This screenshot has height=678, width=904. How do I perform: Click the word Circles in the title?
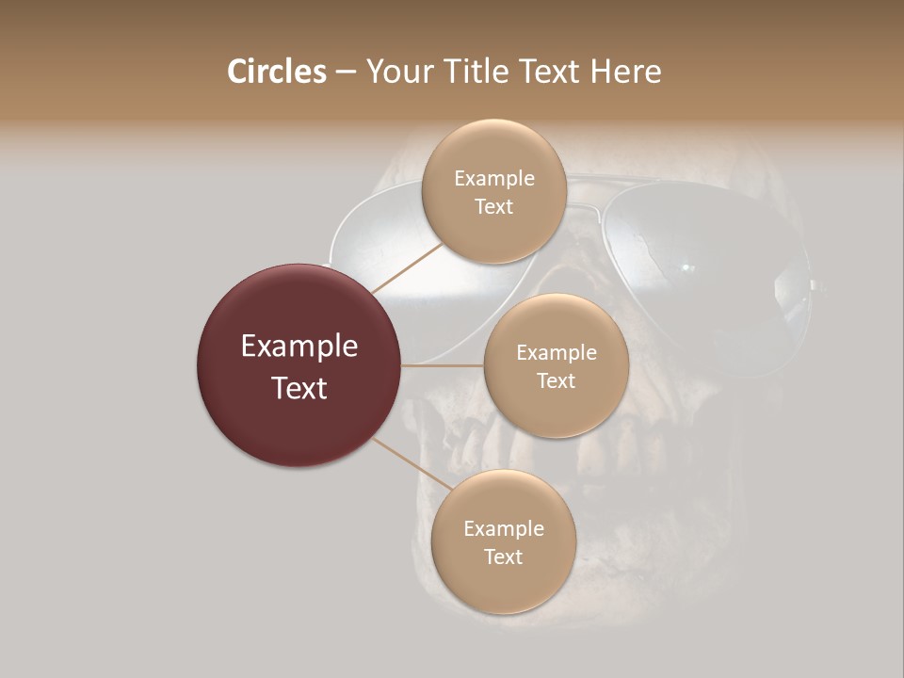pyautogui.click(x=276, y=72)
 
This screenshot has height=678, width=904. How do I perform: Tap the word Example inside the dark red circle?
pyautogui.click(x=299, y=347)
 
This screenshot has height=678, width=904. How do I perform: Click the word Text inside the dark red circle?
pyautogui.click(x=299, y=388)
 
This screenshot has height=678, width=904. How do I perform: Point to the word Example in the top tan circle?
pyautogui.click(x=493, y=179)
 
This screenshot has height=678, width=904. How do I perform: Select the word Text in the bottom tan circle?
pyautogui.click(x=503, y=557)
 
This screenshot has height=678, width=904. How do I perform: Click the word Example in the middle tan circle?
pyautogui.click(x=556, y=353)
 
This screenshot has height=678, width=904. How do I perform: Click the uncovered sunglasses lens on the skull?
pyautogui.click(x=706, y=264)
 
